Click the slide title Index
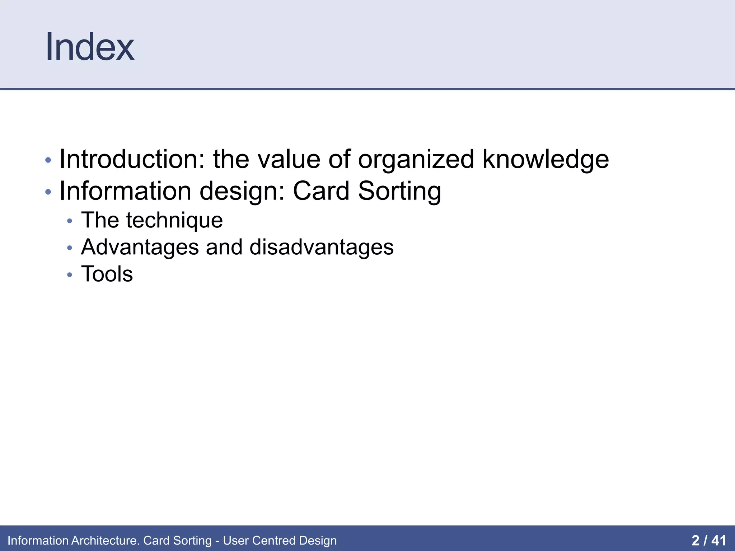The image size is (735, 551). pos(90,47)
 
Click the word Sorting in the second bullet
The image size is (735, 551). pos(399,191)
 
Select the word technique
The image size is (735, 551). pos(174,220)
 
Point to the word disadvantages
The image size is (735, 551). pos(322,248)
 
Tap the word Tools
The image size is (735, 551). pos(107,274)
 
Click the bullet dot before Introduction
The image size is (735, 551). pos(48,160)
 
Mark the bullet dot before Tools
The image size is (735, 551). pos(70,275)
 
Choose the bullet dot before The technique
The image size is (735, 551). pos(70,221)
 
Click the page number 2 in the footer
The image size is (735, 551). pos(695,540)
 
